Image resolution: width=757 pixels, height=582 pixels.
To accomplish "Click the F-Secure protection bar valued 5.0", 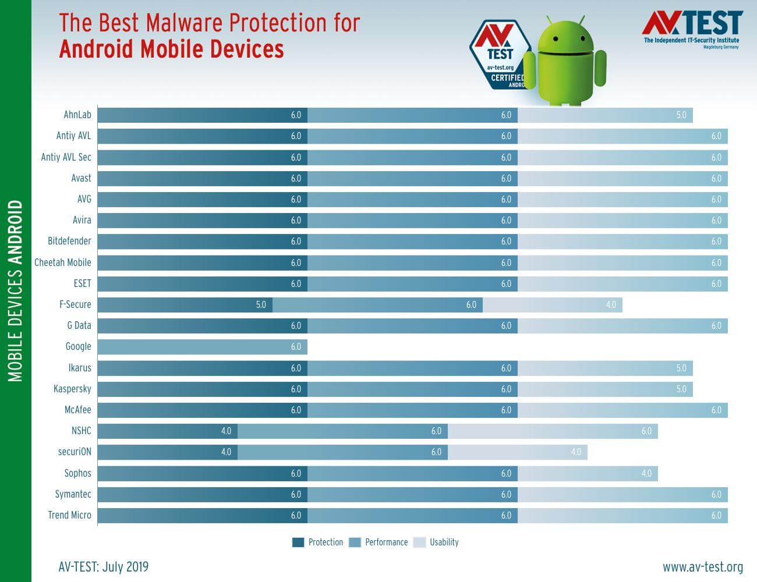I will (x=185, y=304).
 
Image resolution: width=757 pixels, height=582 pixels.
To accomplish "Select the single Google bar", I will (x=202, y=347).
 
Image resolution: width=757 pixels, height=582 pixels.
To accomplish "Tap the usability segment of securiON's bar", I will (x=517, y=452).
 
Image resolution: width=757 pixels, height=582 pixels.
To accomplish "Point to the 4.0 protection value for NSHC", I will (x=226, y=431).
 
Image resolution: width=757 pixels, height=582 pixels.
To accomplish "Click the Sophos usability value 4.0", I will (x=646, y=473).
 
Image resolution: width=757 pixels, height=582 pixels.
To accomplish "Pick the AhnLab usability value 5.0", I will (x=681, y=115).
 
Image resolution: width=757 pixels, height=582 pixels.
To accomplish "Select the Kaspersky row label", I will (x=72, y=389).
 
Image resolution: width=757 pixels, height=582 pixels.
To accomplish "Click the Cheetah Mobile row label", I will (x=63, y=262).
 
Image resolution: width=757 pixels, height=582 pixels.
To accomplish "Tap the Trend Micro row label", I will (x=69, y=515).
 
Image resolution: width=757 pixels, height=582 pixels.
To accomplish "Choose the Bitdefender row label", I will (x=69, y=241).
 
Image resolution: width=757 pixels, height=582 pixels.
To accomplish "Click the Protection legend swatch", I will (x=298, y=542).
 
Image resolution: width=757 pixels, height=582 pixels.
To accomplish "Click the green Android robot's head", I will (x=564, y=39).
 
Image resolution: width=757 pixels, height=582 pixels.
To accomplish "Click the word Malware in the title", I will (x=185, y=23).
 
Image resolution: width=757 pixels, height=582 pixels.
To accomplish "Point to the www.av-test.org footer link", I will (x=702, y=566).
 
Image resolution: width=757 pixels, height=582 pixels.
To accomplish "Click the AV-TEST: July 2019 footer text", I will (x=104, y=566).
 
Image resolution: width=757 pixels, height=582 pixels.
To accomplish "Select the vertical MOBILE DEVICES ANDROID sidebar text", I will (x=16, y=291).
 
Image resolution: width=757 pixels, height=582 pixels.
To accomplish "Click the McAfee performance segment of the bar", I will (x=412, y=410).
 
